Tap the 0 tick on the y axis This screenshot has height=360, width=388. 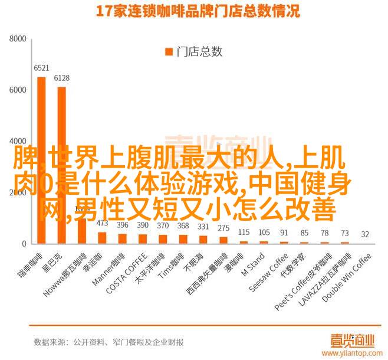[24, 244]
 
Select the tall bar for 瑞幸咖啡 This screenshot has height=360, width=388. [41, 160]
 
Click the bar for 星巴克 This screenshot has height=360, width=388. [61, 165]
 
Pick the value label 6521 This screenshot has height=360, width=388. [41, 68]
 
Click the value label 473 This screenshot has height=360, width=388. [102, 224]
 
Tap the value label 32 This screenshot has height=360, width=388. [366, 234]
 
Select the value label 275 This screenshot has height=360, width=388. [223, 228]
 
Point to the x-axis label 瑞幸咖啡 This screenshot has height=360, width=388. [34, 265]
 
